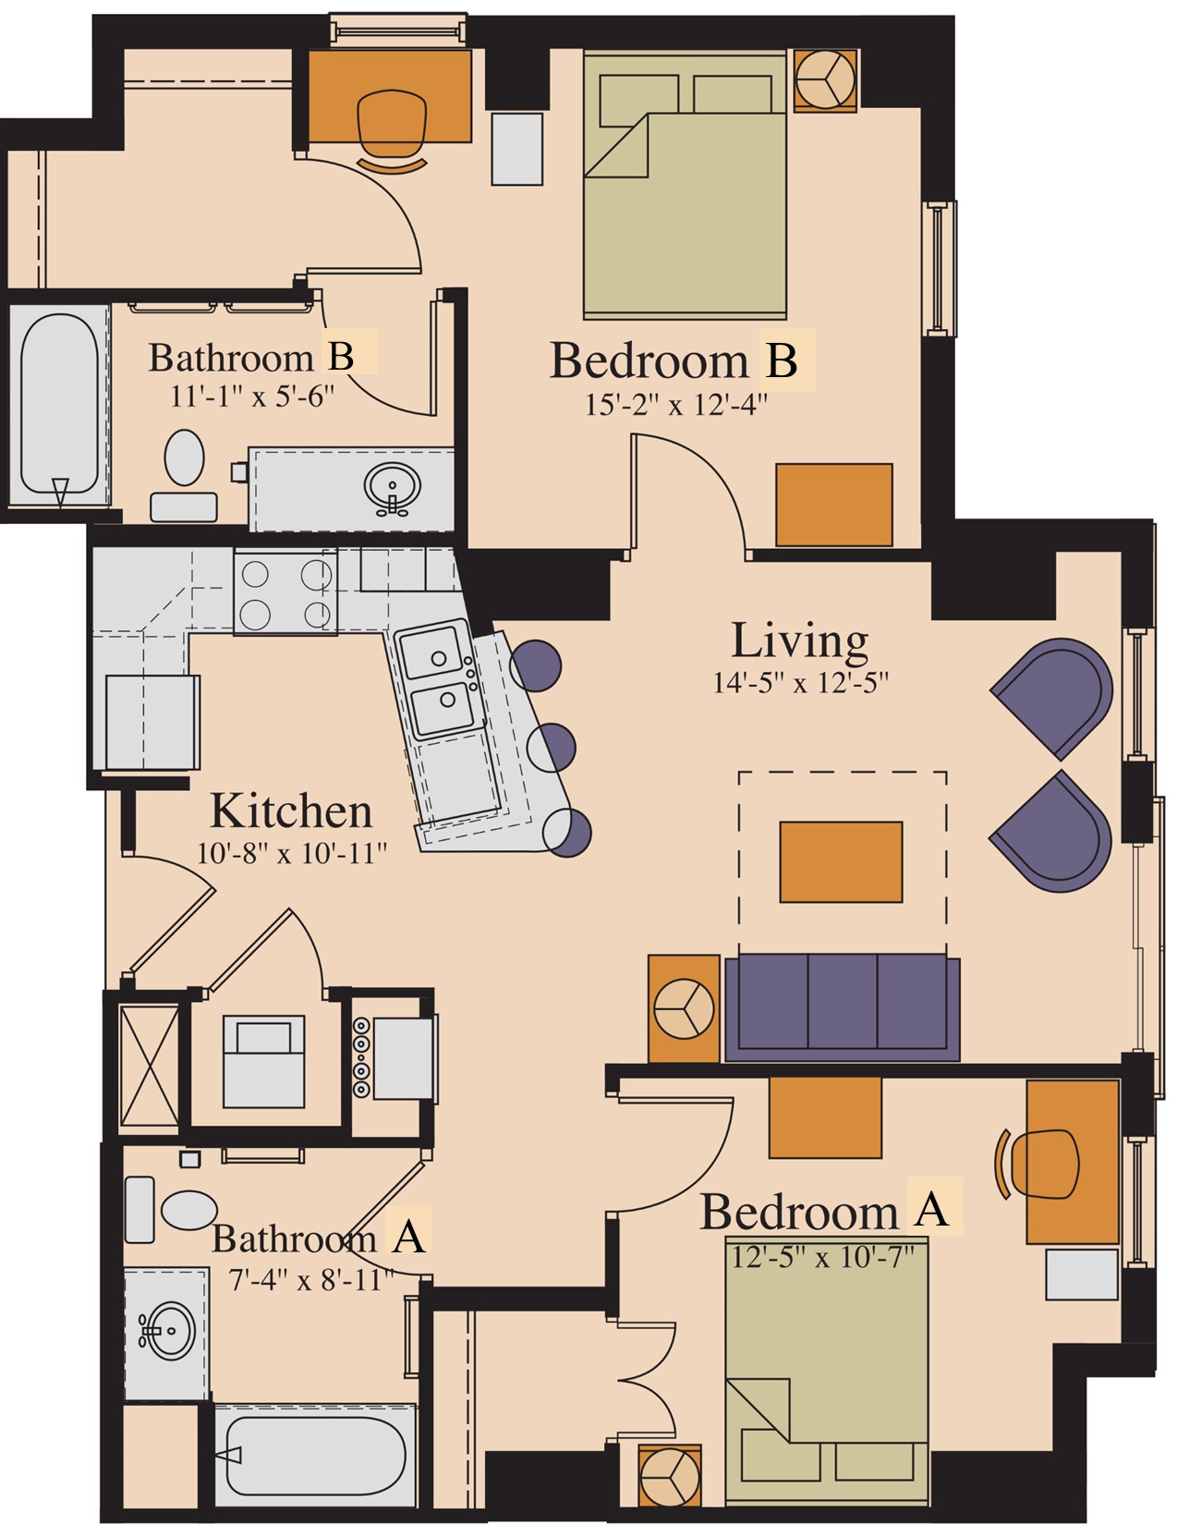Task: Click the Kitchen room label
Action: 290,811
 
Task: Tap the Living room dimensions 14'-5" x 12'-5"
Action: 800,682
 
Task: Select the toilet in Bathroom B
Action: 184,475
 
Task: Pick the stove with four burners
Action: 285,592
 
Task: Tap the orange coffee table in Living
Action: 841,861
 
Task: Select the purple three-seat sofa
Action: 842,1007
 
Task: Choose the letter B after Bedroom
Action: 782,360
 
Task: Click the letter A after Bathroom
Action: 408,1237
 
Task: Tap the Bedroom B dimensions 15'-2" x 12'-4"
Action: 676,405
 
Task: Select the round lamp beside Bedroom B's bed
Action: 826,79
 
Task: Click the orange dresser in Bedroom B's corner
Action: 834,505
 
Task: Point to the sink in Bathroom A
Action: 167,1330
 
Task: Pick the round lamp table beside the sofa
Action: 684,1008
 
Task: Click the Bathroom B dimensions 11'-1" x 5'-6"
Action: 252,396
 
